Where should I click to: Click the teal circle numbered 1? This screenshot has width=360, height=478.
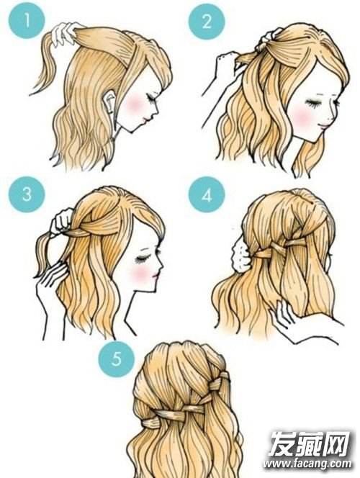click(x=27, y=21)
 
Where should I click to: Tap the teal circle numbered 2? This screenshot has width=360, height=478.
click(x=207, y=22)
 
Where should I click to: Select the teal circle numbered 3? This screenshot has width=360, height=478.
click(x=27, y=194)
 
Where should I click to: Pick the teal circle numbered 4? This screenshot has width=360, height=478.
click(x=207, y=195)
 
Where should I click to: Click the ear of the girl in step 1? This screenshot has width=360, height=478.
click(x=109, y=102)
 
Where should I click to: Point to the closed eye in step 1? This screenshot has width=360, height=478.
click(x=151, y=98)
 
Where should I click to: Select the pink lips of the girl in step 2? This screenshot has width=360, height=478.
click(x=324, y=125)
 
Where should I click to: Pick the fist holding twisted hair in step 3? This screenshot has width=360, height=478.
click(x=62, y=222)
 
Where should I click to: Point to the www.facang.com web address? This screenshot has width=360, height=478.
click(x=307, y=464)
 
